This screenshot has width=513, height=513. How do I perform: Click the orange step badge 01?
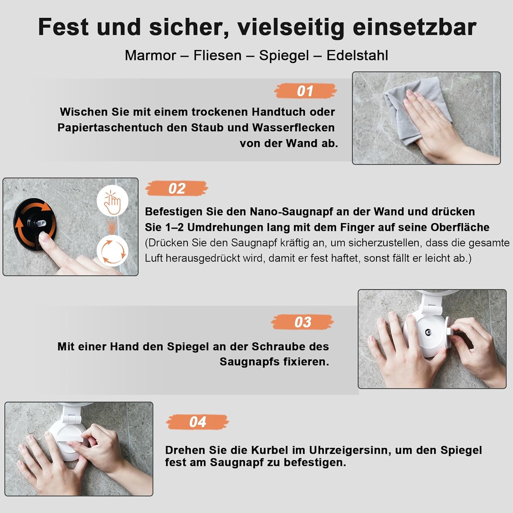(x=305, y=91)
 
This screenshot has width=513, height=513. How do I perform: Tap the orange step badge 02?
(x=177, y=188)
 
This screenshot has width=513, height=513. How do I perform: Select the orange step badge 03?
(x=303, y=322)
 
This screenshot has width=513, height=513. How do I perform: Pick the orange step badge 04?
(x=198, y=422)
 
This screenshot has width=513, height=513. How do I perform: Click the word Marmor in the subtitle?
(x=150, y=55)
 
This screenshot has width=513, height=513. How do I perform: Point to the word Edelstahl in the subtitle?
(x=357, y=55)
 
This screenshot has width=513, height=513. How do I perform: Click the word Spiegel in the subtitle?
(x=284, y=56)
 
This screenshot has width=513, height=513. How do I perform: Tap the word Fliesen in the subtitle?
(x=218, y=55)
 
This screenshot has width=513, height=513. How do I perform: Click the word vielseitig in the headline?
(x=291, y=27)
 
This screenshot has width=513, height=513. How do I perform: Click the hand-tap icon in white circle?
(x=113, y=201)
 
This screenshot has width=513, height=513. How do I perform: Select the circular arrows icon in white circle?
(x=113, y=251)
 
